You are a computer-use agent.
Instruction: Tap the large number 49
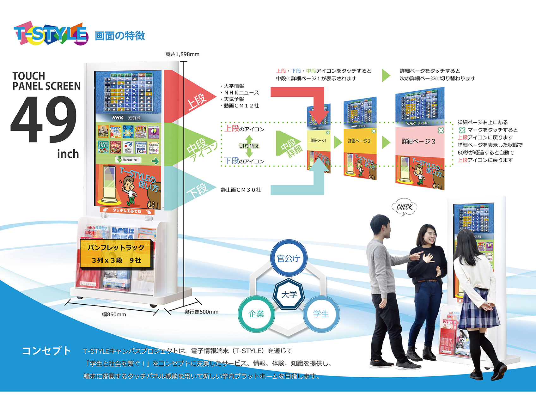tap(44, 119)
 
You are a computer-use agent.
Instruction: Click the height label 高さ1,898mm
tap(182, 54)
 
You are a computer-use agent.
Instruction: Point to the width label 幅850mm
tap(114, 314)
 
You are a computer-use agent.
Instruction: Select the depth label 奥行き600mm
tap(201, 312)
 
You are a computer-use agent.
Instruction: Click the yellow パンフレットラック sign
tap(116, 254)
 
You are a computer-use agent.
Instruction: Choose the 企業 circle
tap(256, 314)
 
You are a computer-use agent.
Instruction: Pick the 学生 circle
tap(321, 314)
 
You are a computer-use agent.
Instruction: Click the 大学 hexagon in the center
tap(289, 295)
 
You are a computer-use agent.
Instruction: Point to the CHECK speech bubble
tap(405, 207)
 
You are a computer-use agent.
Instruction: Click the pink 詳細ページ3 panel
tap(419, 141)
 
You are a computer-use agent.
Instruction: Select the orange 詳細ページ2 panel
tap(359, 141)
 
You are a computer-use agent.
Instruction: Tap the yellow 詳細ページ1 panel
tap(318, 141)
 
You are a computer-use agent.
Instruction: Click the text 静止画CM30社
tap(241, 190)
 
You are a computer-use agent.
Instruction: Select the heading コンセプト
tap(46, 351)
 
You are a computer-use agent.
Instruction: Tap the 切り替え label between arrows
tap(249, 146)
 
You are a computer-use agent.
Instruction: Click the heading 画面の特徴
tap(120, 36)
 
